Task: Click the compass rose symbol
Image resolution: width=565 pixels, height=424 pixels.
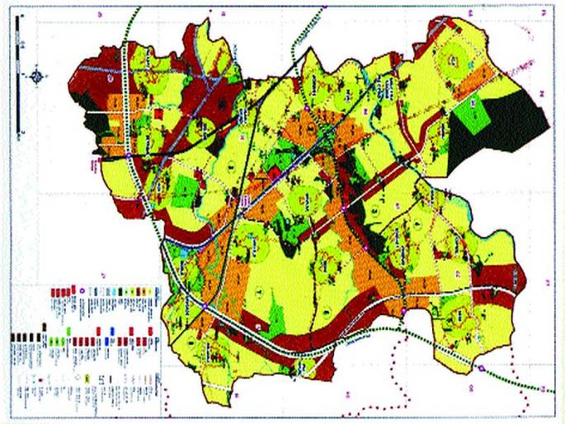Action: (37, 78)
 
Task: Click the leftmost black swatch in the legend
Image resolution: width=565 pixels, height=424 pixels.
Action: (13, 337)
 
